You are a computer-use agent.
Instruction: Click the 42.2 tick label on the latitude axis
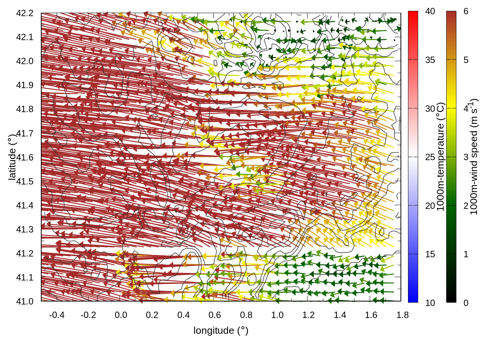click(25, 13)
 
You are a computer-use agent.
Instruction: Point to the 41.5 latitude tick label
click(25, 181)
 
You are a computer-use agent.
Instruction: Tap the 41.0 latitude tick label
click(25, 301)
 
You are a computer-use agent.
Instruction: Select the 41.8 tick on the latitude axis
click(25, 109)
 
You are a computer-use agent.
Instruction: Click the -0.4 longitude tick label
click(57, 315)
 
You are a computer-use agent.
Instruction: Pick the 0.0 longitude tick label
click(121, 315)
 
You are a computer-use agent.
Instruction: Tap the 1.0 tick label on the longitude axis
click(277, 315)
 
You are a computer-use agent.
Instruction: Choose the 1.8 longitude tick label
click(402, 315)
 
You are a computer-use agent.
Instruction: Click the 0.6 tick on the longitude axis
click(214, 315)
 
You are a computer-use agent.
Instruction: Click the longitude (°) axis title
click(221, 330)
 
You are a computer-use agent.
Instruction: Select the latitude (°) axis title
click(12, 157)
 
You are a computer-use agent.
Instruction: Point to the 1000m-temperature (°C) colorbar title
click(441, 157)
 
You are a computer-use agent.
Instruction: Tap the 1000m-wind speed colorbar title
click(474, 157)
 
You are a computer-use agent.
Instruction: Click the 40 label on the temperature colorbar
click(430, 12)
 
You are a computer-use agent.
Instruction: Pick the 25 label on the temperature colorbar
click(430, 157)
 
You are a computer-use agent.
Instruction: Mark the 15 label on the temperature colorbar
click(430, 254)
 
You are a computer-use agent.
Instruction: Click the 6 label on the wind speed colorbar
click(466, 12)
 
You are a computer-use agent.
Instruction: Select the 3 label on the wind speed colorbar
click(466, 157)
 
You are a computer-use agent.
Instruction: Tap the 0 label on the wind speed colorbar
click(466, 303)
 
